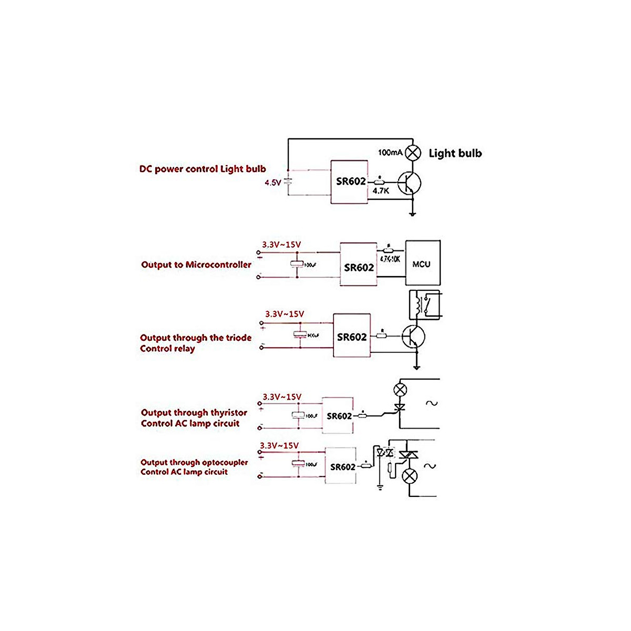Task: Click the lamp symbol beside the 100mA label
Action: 414,152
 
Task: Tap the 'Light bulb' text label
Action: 455,153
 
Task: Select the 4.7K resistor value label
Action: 381,191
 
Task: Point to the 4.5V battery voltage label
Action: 273,183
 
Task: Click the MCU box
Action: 422,263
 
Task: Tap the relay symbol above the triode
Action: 425,304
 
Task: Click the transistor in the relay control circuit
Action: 413,337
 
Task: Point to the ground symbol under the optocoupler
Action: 380,487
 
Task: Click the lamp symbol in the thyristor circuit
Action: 401,390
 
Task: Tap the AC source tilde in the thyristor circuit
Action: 431,403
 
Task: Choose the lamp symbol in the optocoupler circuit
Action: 410,477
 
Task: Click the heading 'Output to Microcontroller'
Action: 196,264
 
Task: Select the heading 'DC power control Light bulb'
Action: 202,169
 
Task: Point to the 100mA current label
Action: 390,152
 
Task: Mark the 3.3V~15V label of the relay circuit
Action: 284,314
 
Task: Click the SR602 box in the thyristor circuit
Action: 338,415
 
